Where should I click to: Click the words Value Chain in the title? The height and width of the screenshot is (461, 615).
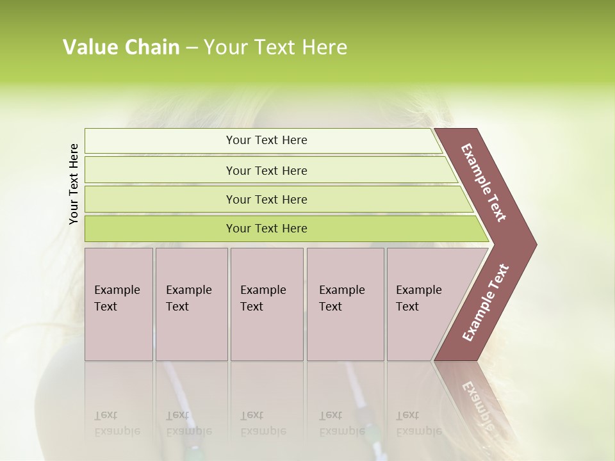point(121,47)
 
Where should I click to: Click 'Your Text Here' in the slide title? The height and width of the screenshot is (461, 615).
point(275,47)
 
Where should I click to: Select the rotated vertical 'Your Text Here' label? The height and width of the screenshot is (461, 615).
point(74,184)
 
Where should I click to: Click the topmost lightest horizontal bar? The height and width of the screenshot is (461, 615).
point(266,140)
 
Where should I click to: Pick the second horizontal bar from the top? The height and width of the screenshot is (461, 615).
point(266,170)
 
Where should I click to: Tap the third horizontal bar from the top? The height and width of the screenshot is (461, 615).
point(266,199)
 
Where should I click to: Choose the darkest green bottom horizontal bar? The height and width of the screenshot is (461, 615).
point(266,229)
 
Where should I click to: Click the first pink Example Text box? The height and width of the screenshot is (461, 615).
point(119,304)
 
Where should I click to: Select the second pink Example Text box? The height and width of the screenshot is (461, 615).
point(191,304)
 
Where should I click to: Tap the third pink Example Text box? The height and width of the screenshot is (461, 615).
point(266,304)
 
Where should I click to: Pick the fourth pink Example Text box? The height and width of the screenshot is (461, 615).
point(345,304)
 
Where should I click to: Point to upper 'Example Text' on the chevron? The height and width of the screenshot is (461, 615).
point(484,182)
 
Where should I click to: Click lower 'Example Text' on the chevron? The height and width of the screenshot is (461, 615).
point(486,303)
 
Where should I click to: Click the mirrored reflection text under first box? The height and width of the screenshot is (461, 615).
point(117,423)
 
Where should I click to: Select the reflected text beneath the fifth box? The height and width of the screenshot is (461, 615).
point(418,423)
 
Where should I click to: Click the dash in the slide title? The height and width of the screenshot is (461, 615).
point(191,48)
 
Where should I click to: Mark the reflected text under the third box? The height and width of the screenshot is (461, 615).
point(263,423)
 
